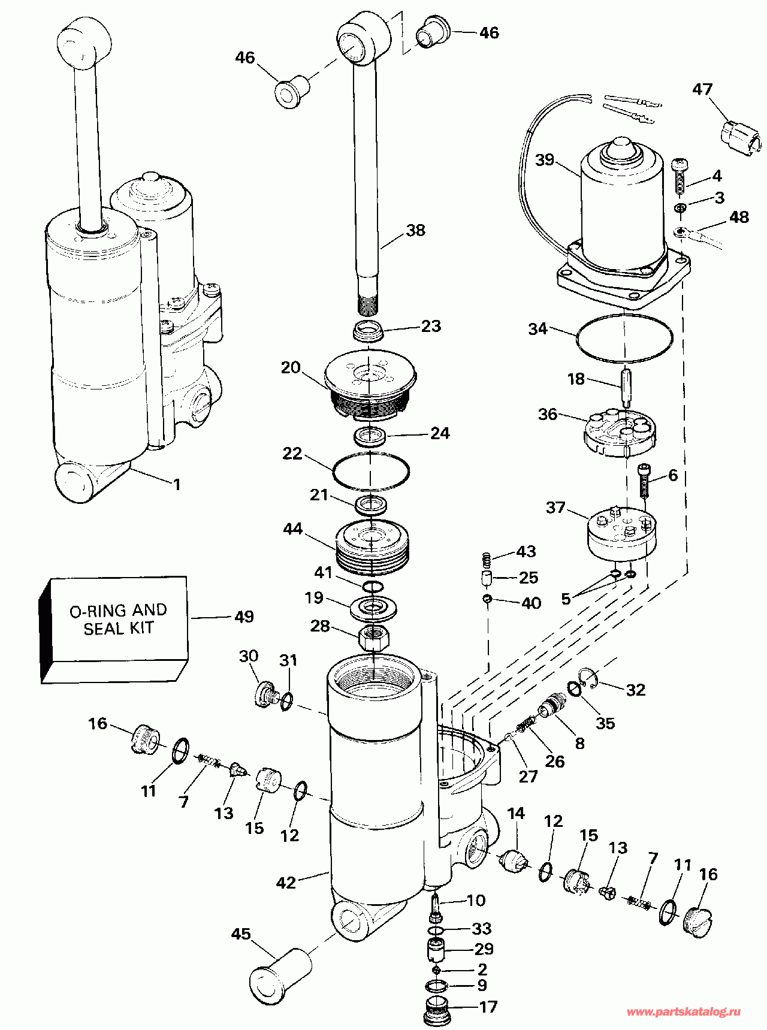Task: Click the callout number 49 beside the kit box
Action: point(244,617)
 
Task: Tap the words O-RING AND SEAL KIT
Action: point(119,620)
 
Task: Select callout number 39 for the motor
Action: point(545,160)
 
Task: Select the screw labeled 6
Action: point(644,481)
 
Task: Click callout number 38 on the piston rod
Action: point(415,231)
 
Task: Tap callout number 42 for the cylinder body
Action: point(286,883)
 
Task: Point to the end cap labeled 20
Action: point(370,383)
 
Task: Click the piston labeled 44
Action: point(372,546)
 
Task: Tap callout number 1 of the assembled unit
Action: point(176,484)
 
